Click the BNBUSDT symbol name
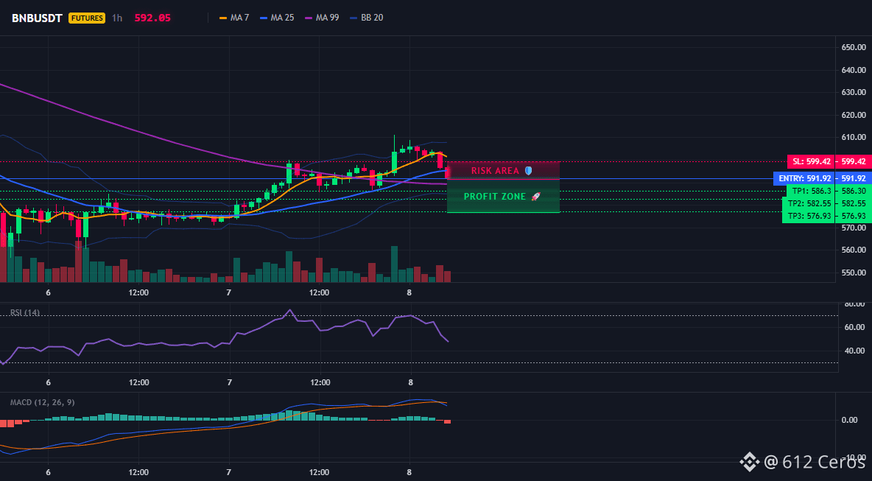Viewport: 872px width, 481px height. coord(38,18)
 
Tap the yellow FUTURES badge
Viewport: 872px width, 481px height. coord(87,18)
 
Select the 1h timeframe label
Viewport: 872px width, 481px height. coord(117,18)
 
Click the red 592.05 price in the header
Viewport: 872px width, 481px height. coord(152,18)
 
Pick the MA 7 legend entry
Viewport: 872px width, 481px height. coord(234,18)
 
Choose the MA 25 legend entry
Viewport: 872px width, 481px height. coord(277,18)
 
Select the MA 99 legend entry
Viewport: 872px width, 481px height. coord(322,18)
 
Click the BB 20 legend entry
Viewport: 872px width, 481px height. coord(367,18)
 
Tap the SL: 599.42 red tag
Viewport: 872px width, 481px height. coord(811,162)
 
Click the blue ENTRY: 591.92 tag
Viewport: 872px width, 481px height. coord(804,178)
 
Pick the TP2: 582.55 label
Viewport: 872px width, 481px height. coord(810,203)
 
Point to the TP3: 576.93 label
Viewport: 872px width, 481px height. coord(809,216)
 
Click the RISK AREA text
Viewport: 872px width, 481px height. coord(495,171)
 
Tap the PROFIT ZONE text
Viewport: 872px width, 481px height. coord(495,197)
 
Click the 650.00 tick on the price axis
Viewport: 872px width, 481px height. coord(854,48)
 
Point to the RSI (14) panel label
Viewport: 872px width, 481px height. coord(25,312)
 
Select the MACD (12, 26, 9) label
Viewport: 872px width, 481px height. coord(43,403)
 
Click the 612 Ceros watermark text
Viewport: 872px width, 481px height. coord(824,462)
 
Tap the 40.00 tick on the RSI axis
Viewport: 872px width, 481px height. coord(854,351)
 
